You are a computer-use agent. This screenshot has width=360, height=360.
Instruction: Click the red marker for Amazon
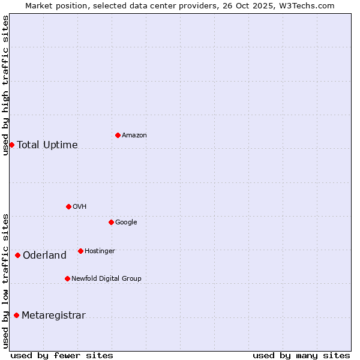click(118, 135)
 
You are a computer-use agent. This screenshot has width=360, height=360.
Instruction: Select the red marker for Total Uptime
click(11, 145)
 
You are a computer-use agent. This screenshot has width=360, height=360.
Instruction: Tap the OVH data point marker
click(68, 206)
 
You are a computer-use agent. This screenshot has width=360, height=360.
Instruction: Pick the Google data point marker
click(111, 222)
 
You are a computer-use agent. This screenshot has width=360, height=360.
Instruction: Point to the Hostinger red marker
click(80, 251)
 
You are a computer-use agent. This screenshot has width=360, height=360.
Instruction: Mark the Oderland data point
click(17, 255)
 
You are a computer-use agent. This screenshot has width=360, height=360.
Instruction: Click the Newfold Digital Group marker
click(67, 278)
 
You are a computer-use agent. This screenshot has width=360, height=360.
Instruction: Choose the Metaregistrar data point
click(16, 315)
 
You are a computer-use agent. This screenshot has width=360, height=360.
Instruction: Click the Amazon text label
click(134, 136)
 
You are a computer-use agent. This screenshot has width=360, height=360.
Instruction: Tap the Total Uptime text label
click(47, 145)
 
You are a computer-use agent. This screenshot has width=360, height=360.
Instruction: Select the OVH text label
click(80, 207)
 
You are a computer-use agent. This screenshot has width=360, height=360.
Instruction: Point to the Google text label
click(126, 223)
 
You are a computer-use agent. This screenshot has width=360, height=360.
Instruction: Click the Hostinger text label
click(100, 251)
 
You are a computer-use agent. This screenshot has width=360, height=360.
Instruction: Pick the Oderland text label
click(44, 256)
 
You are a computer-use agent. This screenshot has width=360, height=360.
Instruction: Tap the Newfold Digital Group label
click(106, 279)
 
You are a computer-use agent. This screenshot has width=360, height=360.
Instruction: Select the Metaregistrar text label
click(53, 316)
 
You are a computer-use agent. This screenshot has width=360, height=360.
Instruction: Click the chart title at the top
click(180, 5)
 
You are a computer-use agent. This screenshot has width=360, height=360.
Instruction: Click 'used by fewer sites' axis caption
click(62, 355)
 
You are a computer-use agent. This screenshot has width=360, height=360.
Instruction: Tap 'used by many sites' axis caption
click(301, 355)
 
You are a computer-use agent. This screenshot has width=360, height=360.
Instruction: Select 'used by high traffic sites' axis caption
click(5, 85)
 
